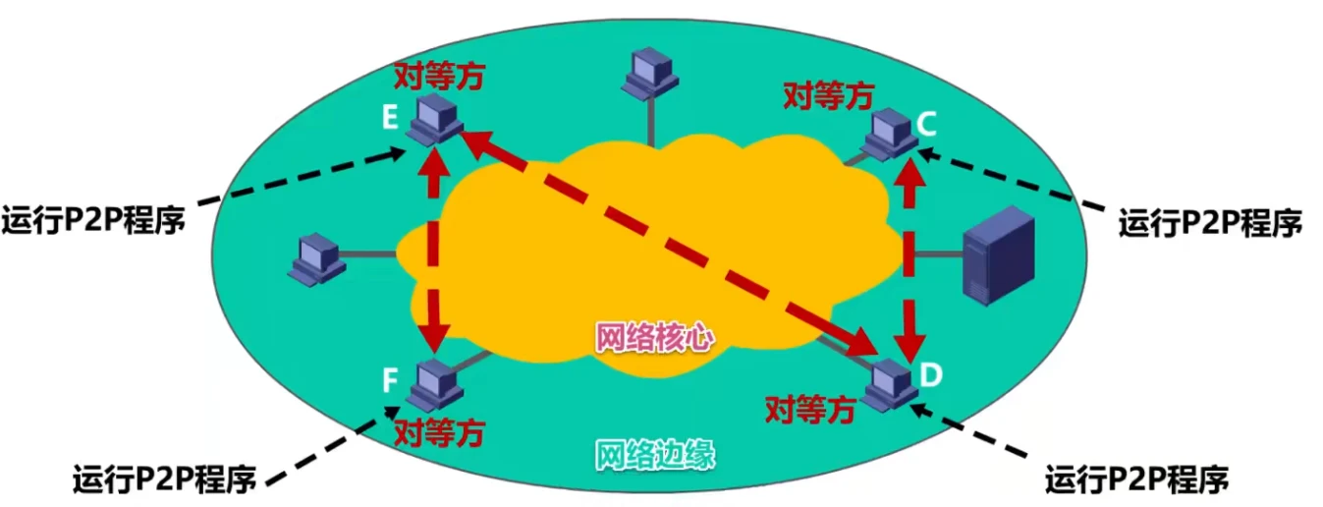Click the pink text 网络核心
655,337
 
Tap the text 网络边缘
655,456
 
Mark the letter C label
927,124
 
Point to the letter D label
929,373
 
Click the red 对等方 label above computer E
439,78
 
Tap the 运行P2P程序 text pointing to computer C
1210,223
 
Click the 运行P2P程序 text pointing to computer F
164,479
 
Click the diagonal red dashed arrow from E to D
668,242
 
